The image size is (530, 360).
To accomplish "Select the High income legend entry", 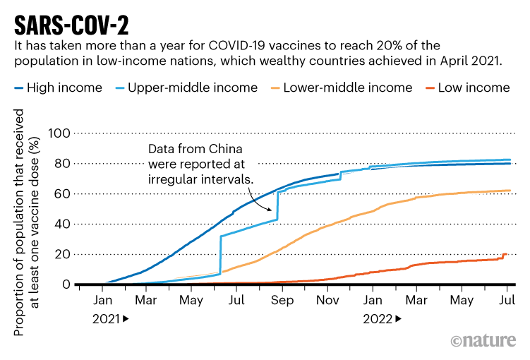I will tap(64, 88).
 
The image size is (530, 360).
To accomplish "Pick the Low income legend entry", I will tap(474, 88).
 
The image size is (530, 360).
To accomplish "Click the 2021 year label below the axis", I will tap(106, 318).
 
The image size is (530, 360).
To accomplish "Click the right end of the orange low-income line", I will tap(506, 254).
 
